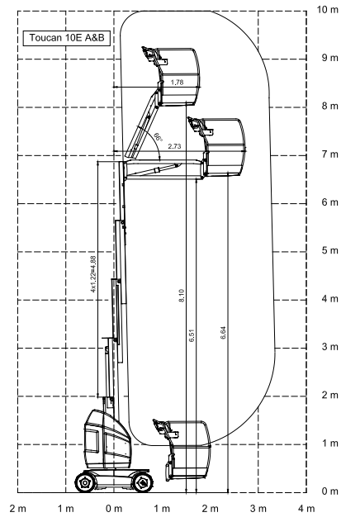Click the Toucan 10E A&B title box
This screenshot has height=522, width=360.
click(x=67, y=38)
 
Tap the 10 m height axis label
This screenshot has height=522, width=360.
click(x=328, y=10)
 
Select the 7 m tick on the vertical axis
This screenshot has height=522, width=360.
click(x=329, y=154)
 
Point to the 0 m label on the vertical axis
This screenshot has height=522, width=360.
click(x=329, y=491)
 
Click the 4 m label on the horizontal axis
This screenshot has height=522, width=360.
click(x=306, y=509)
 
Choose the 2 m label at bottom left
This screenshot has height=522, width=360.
click(x=18, y=509)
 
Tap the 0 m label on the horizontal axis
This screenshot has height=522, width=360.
click(x=114, y=509)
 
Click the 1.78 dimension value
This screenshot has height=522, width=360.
click(x=177, y=83)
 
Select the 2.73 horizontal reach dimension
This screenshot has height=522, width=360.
click(x=174, y=146)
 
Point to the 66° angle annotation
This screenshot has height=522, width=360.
click(x=158, y=137)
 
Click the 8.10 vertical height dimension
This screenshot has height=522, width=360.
click(x=182, y=296)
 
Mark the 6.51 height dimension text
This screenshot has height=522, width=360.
click(x=192, y=336)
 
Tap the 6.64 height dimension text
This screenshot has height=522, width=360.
click(x=223, y=333)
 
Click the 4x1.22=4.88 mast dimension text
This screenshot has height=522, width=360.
click(x=93, y=274)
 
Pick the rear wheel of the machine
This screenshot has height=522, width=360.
click(x=85, y=482)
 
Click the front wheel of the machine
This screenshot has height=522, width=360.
click(x=143, y=482)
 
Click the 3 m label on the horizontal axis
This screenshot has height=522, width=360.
click(x=258, y=509)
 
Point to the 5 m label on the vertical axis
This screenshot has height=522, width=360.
click(x=329, y=251)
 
